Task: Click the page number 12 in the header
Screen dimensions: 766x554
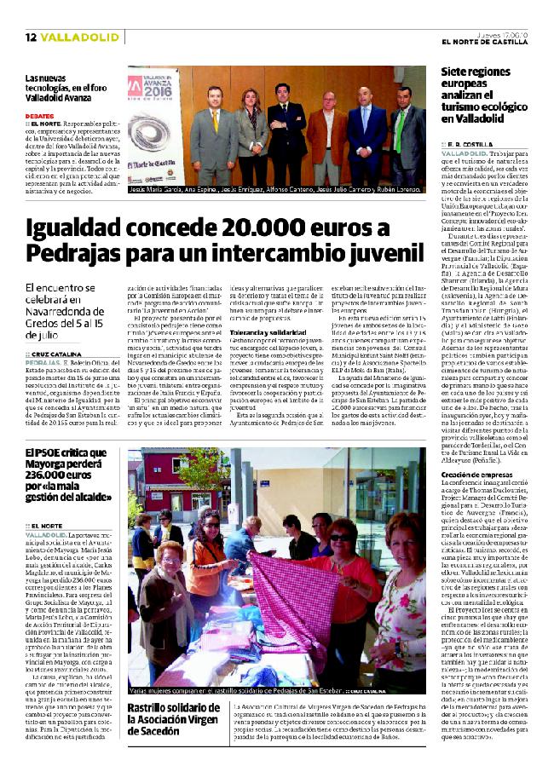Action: coord(30,37)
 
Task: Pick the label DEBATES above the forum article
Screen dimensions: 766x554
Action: coord(40,115)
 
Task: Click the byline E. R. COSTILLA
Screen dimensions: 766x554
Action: coord(472,145)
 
